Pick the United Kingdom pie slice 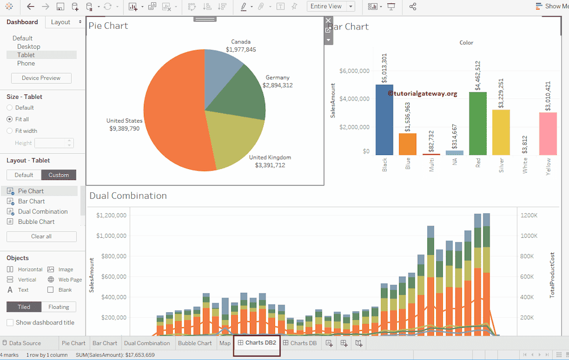click(x=233, y=139)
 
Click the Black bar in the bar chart click(x=385, y=119)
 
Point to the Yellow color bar click(x=548, y=133)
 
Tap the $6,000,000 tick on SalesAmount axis click(x=354, y=71)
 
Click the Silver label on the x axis click(x=502, y=166)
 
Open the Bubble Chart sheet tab click(x=194, y=343)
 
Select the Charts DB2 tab click(x=257, y=343)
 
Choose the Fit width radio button click(x=9, y=131)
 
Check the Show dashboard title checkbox click(x=10, y=323)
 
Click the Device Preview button click(x=41, y=78)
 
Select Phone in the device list click(x=26, y=63)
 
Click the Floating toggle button click(x=58, y=307)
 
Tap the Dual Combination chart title click(x=128, y=196)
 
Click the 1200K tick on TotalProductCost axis click(x=529, y=215)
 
